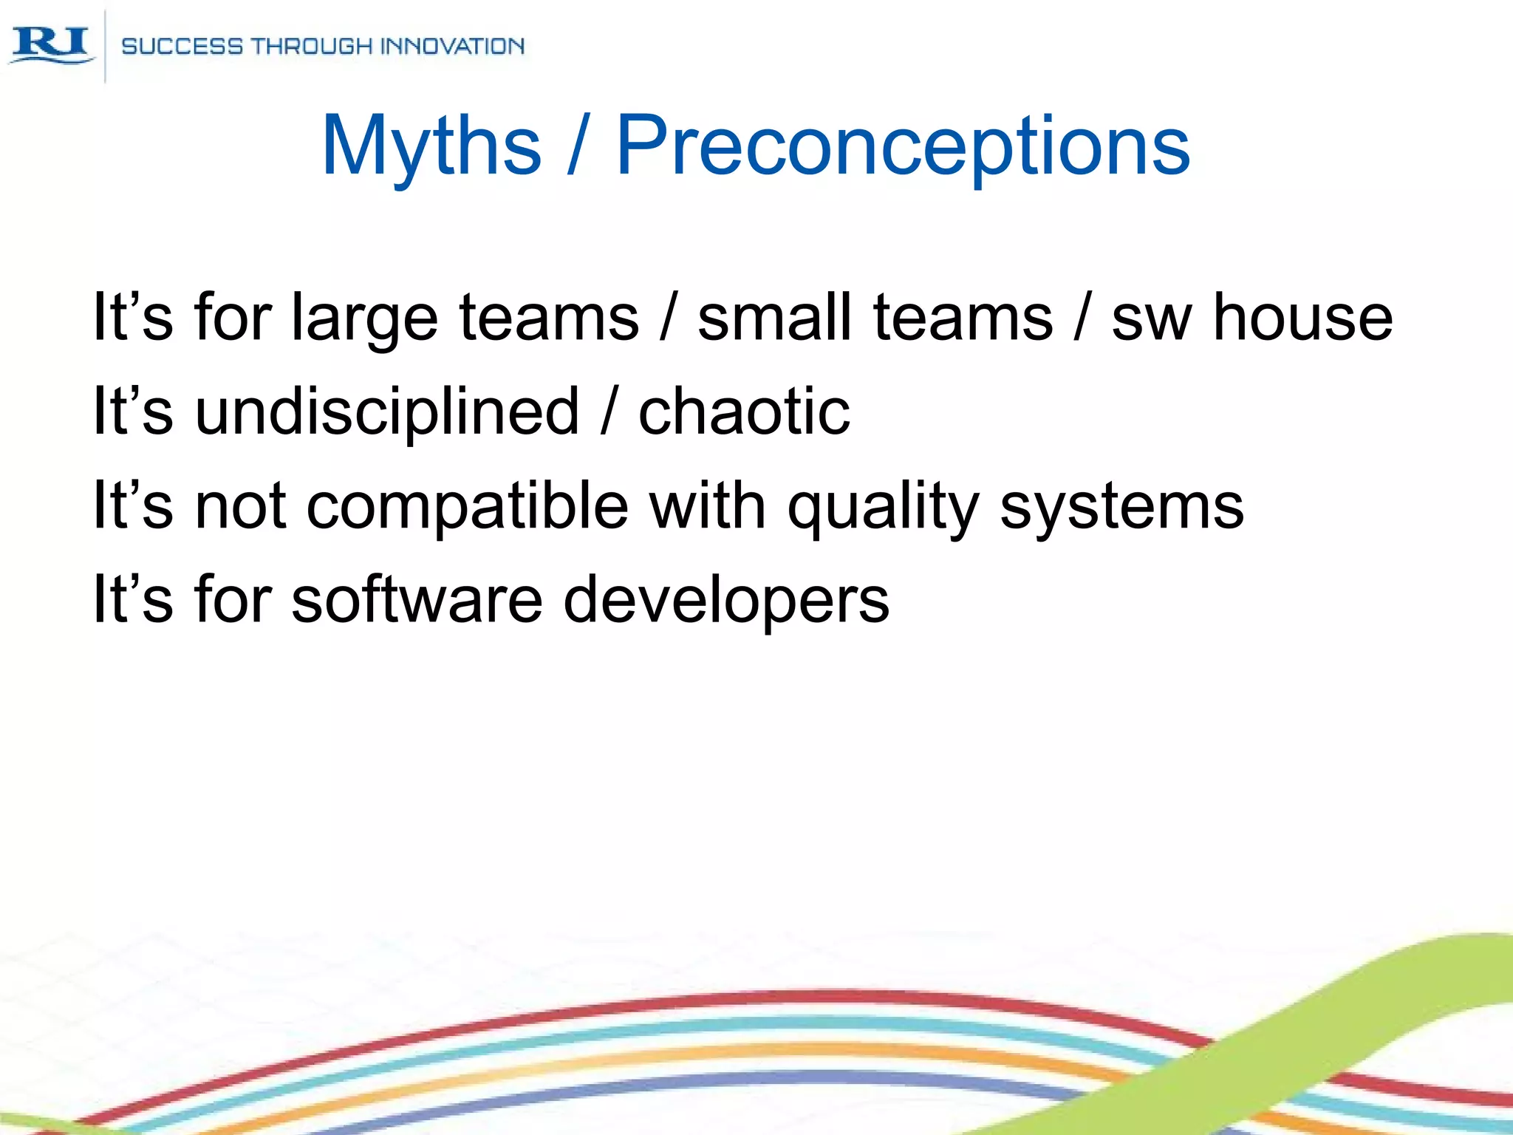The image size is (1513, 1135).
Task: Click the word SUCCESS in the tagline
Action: pos(182,47)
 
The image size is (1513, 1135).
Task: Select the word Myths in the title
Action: pos(431,146)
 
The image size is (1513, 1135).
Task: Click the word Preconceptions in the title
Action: pos(902,146)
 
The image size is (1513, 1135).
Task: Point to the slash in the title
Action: pos(578,146)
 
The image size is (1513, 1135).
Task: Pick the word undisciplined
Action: pos(387,412)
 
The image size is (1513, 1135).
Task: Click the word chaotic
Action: pos(744,412)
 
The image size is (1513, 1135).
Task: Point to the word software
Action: pos(417,599)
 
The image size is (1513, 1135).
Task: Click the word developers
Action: pos(725,601)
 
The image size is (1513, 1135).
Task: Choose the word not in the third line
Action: pos(239,506)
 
